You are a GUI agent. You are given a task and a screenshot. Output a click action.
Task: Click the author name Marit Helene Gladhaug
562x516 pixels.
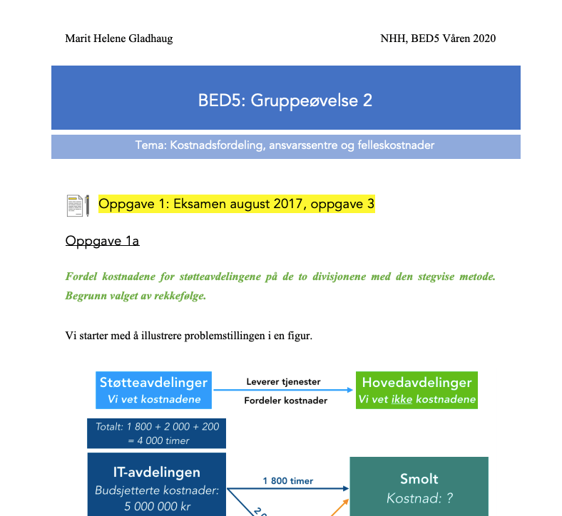coord(119,38)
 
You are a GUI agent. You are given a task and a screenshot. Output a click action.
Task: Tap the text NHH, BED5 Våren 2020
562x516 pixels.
coord(438,38)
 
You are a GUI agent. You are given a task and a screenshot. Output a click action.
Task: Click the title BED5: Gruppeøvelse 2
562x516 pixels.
coord(285,100)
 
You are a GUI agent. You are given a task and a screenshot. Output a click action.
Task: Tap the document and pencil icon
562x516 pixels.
coord(78,205)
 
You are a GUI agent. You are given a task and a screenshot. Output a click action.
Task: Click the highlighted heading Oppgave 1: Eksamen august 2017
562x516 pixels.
coord(236,205)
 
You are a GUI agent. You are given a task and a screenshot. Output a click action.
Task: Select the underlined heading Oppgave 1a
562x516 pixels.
coord(102,241)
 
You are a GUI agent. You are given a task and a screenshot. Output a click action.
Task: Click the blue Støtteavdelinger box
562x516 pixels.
coord(154,390)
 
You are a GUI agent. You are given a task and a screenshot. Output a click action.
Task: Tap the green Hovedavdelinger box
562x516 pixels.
coord(417,390)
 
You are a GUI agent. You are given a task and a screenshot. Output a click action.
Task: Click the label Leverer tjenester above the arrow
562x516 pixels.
coord(283,381)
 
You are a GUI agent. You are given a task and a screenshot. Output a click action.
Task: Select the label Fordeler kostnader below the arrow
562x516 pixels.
coord(285,401)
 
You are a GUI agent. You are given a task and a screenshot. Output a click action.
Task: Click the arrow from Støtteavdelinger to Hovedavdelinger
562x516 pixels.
coord(283,391)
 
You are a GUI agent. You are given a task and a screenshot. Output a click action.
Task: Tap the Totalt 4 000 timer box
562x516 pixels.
coord(156,433)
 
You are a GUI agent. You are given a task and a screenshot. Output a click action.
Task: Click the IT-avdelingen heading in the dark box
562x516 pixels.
coord(156,472)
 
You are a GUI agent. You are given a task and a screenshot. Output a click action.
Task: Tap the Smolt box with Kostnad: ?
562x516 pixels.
coord(419,487)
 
